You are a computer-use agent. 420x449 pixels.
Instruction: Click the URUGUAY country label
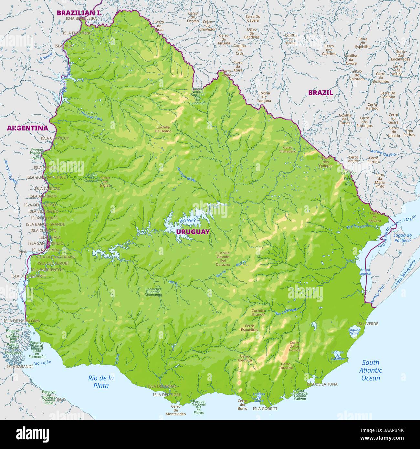click(x=193, y=232)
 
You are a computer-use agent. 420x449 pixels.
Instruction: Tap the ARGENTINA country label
click(x=27, y=128)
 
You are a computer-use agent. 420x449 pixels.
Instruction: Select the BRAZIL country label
click(x=320, y=93)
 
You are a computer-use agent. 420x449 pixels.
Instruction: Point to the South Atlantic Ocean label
click(x=371, y=371)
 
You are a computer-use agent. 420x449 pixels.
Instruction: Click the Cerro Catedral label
click(x=286, y=366)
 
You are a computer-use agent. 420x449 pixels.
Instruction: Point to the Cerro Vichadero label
click(x=288, y=149)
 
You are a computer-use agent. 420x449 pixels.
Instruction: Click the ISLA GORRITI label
click(x=265, y=409)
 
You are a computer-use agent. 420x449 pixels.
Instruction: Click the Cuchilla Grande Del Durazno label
click(x=223, y=258)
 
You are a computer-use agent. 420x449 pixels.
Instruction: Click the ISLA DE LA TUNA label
click(x=322, y=384)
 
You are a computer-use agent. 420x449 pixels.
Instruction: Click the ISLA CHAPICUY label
click(x=55, y=138)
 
